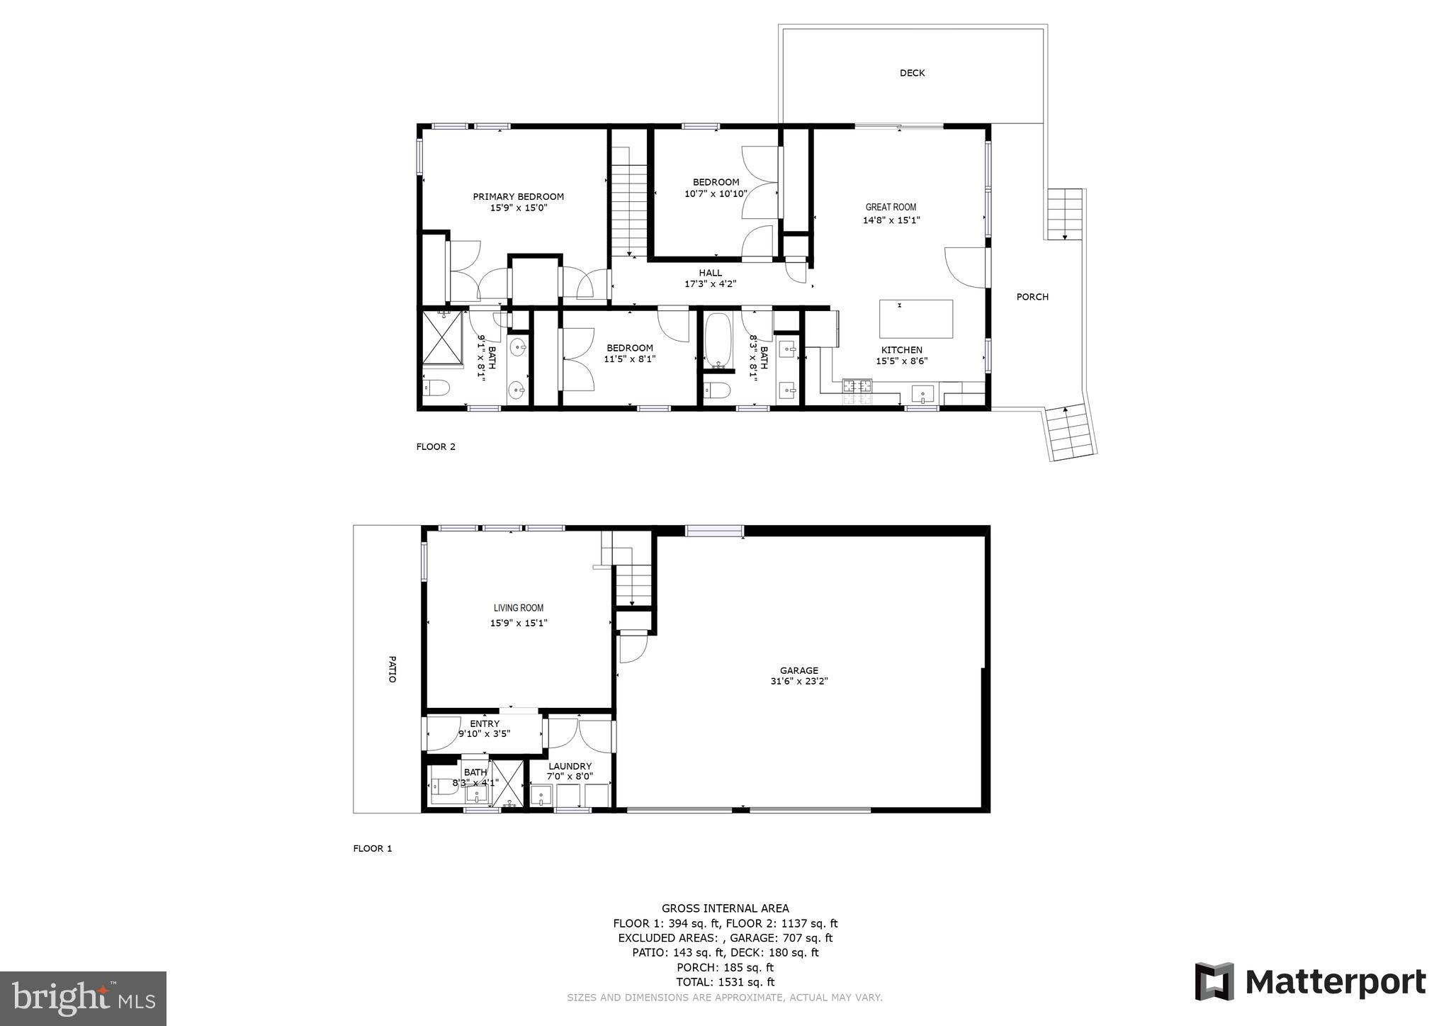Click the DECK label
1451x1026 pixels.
click(912, 73)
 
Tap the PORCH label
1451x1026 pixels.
click(1032, 297)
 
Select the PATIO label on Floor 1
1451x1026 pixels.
click(392, 669)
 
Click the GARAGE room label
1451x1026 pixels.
click(799, 670)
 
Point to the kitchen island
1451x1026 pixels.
click(916, 319)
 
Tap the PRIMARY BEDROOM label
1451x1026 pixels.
click(519, 197)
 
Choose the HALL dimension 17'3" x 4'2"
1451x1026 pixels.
click(711, 284)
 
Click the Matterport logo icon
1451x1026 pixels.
click(1214, 981)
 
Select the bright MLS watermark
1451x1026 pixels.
click(84, 999)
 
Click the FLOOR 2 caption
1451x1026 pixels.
click(436, 446)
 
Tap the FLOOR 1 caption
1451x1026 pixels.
click(373, 849)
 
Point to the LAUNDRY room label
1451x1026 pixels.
click(570, 766)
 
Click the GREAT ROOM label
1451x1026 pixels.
click(891, 207)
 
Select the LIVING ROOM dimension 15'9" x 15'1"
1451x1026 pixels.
click(519, 624)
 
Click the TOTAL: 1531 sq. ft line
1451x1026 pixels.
click(725, 982)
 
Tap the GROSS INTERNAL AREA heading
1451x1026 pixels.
click(725, 908)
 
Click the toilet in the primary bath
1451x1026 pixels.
click(436, 389)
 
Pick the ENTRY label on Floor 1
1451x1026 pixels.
click(484, 723)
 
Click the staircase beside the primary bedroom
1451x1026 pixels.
click(630, 210)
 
